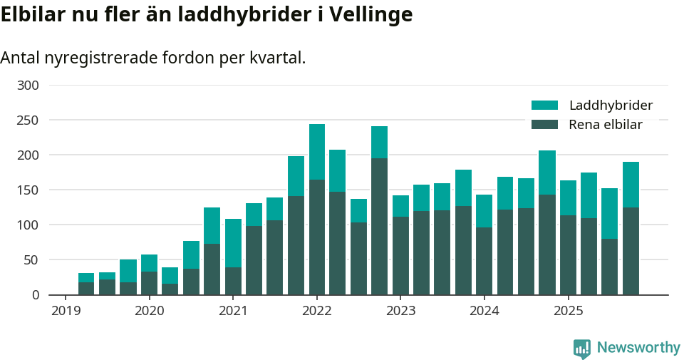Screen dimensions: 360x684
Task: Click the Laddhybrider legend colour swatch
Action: pos(544,106)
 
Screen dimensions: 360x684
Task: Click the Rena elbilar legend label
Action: pos(605,125)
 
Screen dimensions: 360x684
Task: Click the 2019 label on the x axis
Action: pos(66,311)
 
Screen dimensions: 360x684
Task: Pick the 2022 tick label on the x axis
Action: pos(317,311)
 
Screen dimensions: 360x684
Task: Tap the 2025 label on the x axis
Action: pos(569,311)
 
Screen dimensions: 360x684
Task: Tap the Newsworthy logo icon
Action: pos(581,348)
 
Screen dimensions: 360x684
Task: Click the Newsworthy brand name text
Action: pos(638,348)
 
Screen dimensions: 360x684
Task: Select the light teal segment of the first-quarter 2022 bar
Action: pos(317,152)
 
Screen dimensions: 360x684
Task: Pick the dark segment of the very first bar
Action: pos(86,288)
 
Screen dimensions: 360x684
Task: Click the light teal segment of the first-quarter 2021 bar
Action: pos(233,243)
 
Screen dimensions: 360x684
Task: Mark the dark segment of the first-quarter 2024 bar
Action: pos(484,261)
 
